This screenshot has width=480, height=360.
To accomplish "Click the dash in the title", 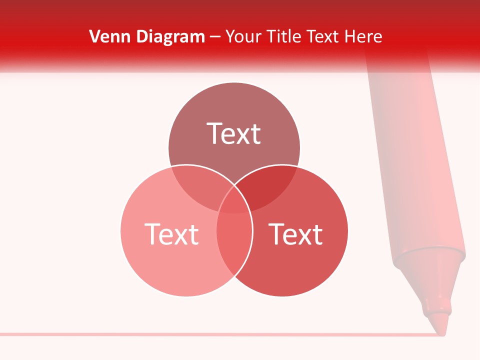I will [x=215, y=37].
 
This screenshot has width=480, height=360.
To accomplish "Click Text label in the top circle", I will [x=234, y=133].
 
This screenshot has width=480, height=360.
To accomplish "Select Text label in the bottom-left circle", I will [x=171, y=234].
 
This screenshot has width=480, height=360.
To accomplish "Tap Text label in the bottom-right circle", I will [x=295, y=234].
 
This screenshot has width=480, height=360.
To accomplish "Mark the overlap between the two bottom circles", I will [x=234, y=240].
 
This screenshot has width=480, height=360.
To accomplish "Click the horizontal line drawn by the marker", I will [x=200, y=333].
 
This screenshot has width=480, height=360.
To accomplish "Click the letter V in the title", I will [x=94, y=36].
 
